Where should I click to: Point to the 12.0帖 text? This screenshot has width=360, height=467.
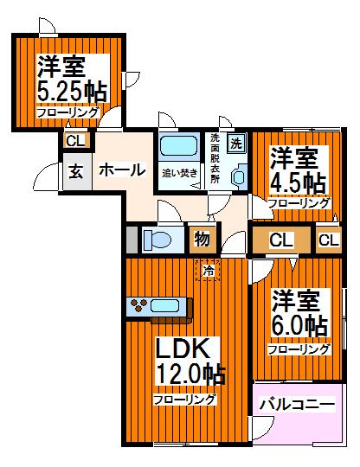(190, 376)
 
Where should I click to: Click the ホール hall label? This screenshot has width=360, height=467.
(121, 170)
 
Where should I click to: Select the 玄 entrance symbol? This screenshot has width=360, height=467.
(75, 170)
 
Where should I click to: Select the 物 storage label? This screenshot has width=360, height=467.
(201, 239)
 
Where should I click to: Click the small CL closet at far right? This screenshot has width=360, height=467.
(328, 240)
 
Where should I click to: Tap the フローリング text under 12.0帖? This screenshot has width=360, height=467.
(184, 400)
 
